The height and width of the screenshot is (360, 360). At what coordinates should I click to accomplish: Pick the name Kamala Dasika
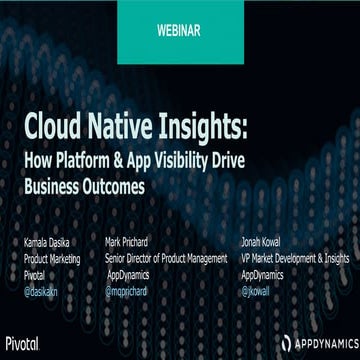48,242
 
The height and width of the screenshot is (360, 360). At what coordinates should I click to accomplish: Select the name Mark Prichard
131,242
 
